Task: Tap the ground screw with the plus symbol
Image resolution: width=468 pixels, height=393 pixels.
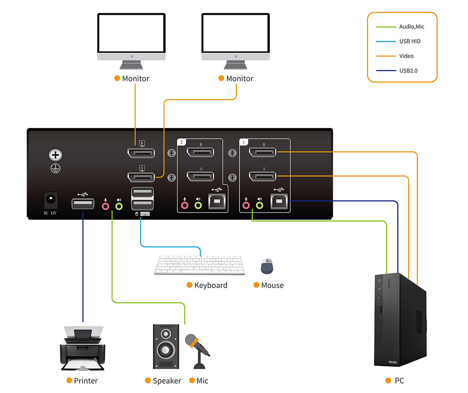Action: pos(55,155)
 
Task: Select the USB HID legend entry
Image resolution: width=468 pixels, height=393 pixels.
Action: pos(409,41)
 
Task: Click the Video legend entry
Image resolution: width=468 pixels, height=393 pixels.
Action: pos(406,56)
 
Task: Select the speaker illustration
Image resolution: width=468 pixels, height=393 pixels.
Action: pos(166,346)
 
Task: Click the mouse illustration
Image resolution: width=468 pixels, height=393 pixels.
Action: pos(267,266)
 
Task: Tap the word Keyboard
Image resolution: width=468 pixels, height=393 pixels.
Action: pos(211,285)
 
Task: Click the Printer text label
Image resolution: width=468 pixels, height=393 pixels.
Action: pos(86,381)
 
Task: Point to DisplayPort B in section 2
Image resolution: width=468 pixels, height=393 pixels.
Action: pos(200,152)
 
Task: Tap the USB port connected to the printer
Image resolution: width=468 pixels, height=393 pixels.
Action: pos(83,204)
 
